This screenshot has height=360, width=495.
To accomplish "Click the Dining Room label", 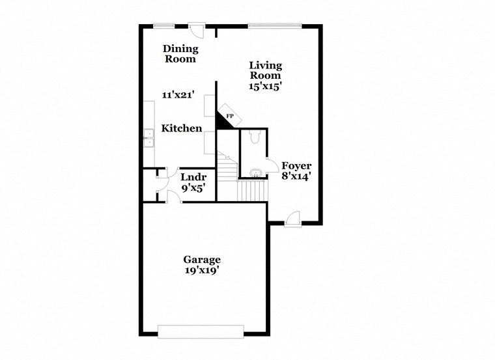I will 180,53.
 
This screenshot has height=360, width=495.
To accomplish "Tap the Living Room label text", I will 266,70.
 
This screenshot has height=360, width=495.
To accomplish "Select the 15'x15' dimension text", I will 266,86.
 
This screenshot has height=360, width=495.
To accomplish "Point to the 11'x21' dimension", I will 179,95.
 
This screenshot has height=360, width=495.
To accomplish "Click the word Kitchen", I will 182,128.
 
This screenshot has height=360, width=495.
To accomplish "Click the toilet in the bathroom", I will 255,137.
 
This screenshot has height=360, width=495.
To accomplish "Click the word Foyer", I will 296,165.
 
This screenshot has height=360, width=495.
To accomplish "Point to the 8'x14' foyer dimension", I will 296,176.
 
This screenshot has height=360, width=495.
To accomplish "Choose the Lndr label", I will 193,177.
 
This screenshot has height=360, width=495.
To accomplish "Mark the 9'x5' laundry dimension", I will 193,188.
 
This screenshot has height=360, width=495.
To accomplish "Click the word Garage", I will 202,259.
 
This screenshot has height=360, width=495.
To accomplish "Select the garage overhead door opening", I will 201,331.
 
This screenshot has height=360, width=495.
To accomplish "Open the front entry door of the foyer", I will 292,219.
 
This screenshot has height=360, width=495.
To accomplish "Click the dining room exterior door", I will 196,29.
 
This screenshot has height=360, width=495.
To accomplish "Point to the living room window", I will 274,26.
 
